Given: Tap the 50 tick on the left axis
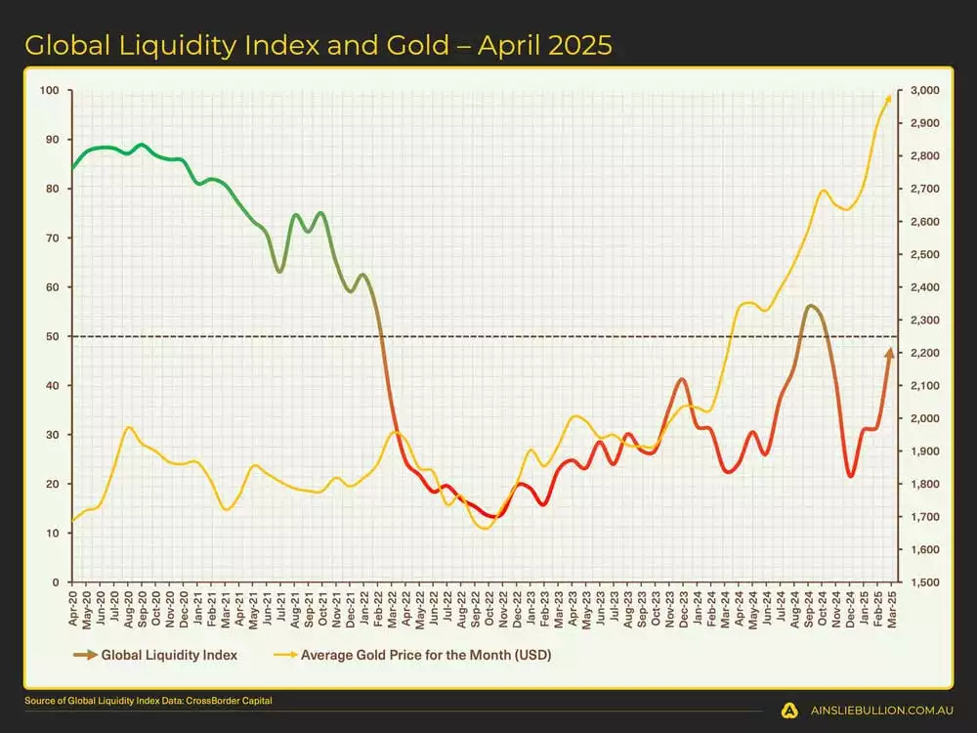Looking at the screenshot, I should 52,336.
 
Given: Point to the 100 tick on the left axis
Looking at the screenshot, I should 49,91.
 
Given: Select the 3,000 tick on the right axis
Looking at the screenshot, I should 923,91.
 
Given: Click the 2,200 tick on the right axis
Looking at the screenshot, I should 923,353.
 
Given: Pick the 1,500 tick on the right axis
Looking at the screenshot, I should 923,582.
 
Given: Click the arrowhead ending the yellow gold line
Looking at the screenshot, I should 887,98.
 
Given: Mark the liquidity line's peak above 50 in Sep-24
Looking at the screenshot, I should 810,306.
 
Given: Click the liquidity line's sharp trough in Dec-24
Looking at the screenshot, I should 851,476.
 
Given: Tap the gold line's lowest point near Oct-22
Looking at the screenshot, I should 486,529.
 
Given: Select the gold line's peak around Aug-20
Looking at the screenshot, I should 128,427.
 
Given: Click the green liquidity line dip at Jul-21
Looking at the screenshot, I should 279,271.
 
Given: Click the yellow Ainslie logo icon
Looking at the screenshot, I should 788,711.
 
